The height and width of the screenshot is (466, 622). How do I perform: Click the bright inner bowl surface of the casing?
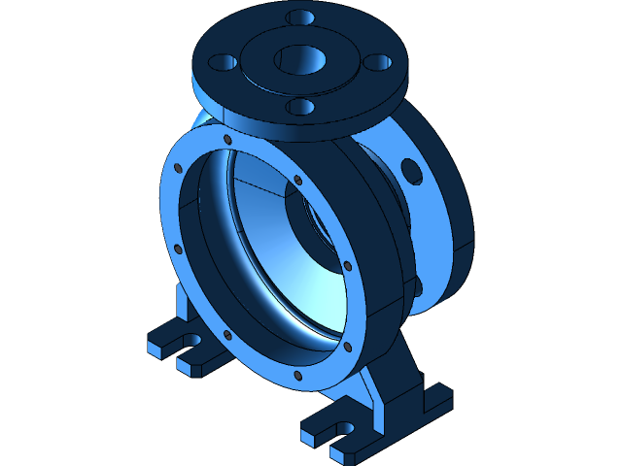292,282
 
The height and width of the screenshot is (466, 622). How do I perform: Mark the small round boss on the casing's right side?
419,286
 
